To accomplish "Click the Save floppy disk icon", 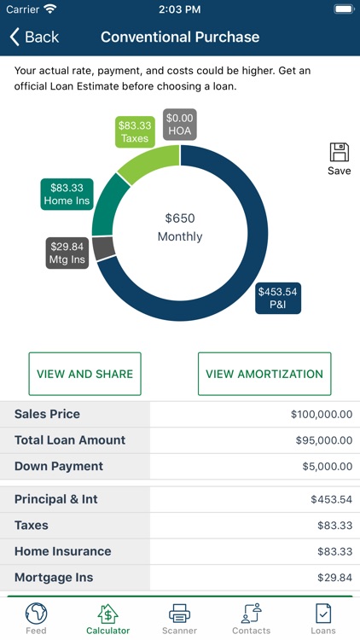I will point(339,154).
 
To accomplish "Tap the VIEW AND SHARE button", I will point(84,374).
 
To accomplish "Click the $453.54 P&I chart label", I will point(278,298).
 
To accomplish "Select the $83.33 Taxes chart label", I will point(135,131).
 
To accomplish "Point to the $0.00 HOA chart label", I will point(180,125).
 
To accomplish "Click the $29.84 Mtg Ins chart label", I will point(67,253).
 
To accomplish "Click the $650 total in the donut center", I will point(180,219).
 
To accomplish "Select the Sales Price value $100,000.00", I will point(321,415).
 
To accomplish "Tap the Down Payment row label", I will point(59,467).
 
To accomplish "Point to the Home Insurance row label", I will point(63,552).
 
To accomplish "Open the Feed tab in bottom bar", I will point(36,619).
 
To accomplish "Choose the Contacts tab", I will point(251,619).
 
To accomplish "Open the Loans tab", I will point(323,619).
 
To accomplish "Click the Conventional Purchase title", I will point(180,37).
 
